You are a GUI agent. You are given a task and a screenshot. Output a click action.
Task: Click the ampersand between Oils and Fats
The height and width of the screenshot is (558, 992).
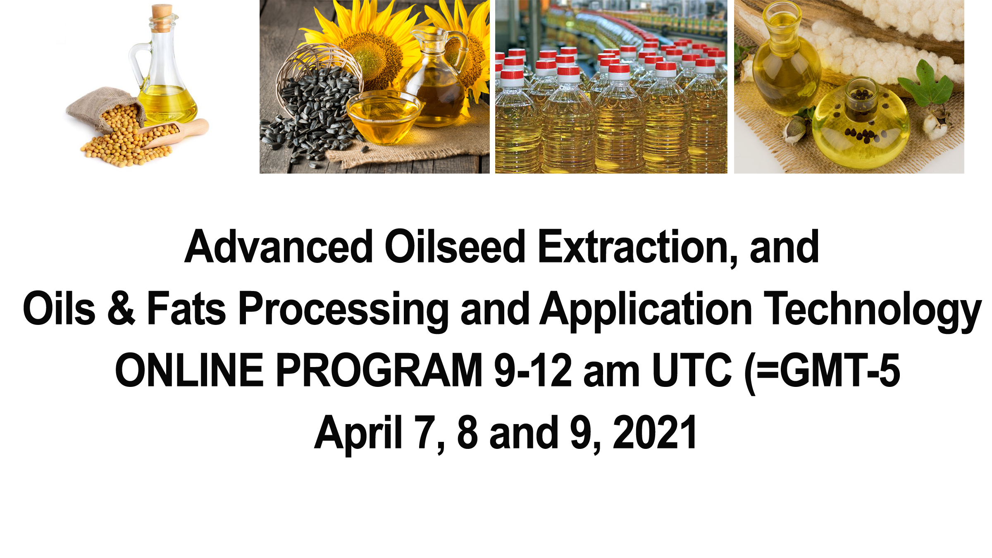(121, 308)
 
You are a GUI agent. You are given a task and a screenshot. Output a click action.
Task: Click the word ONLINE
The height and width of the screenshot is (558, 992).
(189, 370)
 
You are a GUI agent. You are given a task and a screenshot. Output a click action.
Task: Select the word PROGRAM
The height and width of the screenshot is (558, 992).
(379, 370)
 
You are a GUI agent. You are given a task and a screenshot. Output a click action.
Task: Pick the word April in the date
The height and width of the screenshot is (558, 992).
(358, 433)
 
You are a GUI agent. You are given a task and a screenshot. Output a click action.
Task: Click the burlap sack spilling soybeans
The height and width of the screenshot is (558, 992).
(103, 105)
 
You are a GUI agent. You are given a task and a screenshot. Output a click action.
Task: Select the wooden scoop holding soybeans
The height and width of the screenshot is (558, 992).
(178, 132)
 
